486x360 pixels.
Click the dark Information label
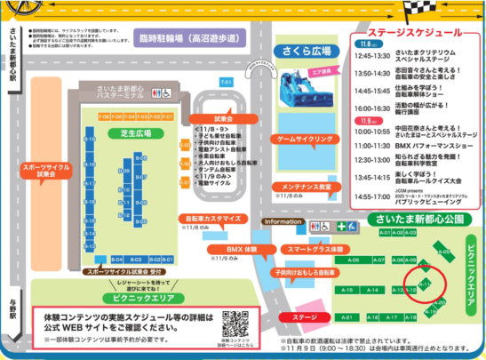(x=282, y=221)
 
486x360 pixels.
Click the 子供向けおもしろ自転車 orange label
(x=302, y=273)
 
